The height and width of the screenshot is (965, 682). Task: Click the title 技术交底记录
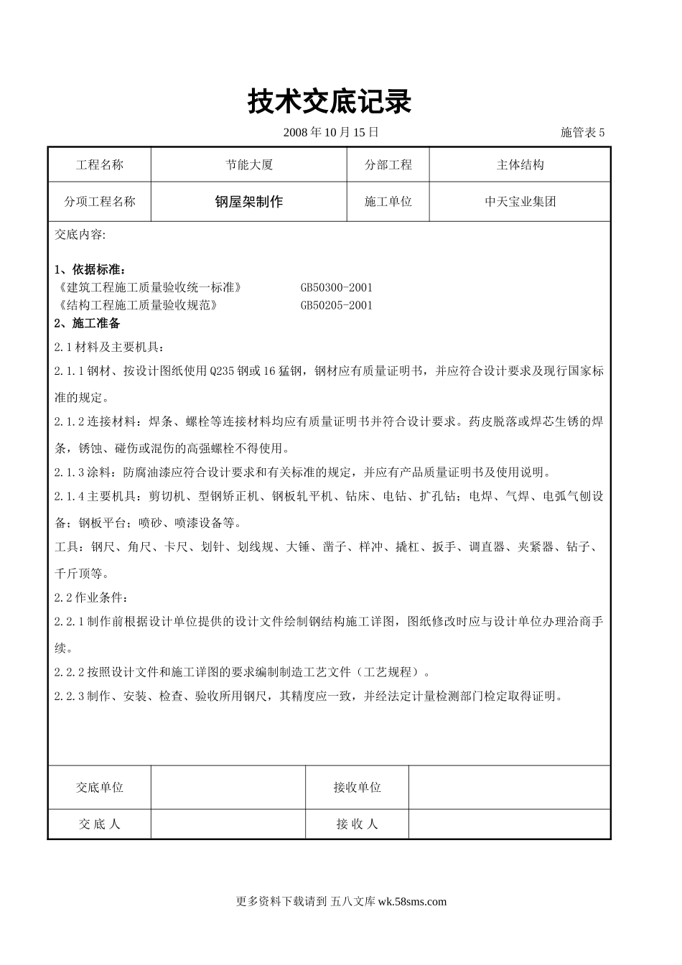coord(330,102)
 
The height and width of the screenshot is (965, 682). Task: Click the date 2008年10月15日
coord(331,132)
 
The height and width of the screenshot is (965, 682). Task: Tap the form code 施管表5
coord(582,132)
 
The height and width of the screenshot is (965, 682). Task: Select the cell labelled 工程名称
coord(100,165)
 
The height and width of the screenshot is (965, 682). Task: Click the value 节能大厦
coord(249,165)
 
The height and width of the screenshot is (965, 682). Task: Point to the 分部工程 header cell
coord(388,165)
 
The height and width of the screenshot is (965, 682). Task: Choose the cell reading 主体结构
coord(520,165)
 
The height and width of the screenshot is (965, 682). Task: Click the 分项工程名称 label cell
coord(100,202)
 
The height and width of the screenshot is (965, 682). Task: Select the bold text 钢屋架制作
coord(249,202)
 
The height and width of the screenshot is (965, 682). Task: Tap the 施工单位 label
coord(388,202)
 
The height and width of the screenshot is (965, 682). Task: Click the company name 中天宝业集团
coord(520,202)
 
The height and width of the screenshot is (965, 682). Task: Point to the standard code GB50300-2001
coord(337,287)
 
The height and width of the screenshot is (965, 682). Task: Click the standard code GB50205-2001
coord(337,305)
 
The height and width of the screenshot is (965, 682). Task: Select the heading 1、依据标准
coord(90,270)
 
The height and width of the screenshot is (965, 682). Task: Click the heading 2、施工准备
coord(88,323)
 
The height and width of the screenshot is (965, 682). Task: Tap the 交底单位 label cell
coord(100,788)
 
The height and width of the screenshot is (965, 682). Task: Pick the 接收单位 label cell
coord(357,788)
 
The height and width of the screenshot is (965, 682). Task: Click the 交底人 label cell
coord(100,824)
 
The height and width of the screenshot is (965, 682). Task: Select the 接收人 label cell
coord(357,824)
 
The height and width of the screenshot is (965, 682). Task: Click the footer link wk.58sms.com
coord(412,902)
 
